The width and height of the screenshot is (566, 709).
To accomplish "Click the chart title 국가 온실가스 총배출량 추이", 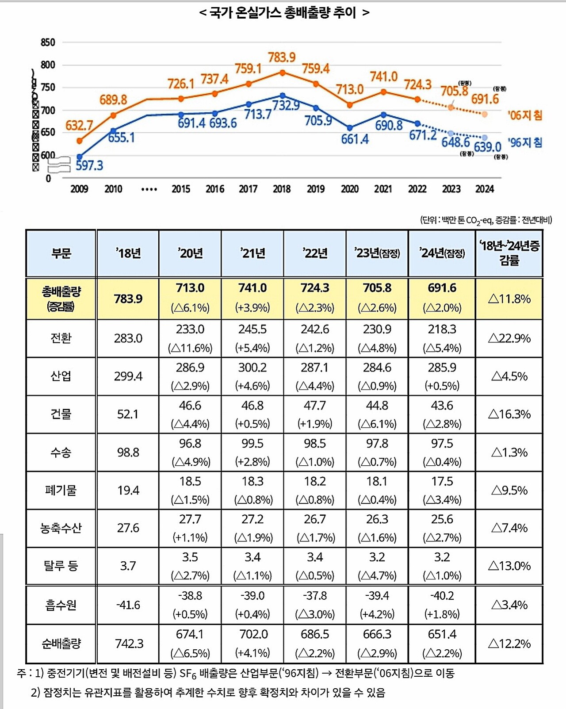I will point(283,12).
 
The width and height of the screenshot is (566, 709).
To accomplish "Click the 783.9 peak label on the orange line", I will point(282,57).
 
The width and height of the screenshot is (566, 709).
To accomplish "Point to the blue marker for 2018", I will point(283,96).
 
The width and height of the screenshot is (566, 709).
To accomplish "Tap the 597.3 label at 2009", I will point(89,166).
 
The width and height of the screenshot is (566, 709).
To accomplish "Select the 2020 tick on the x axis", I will point(349,189).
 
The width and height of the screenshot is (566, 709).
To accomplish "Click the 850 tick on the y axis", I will point(48,42).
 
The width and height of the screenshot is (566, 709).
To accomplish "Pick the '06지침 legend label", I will point(525,115).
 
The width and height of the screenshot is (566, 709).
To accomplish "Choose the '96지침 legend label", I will point(525,142).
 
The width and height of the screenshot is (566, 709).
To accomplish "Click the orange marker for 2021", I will point(383,92).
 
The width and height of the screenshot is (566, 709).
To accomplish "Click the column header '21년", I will point(252,253).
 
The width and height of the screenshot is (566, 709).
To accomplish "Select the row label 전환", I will point(61,338).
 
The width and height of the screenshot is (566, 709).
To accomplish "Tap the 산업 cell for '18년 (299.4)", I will point(128,376).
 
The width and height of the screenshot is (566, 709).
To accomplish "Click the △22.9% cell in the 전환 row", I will point(509,338).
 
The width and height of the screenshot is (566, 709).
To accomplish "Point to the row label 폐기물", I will point(61,491).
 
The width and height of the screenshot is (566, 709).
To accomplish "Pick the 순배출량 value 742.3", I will point(129,644).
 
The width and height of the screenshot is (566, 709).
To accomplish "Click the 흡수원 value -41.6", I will point(128,605).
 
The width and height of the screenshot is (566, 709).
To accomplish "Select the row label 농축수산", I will point(61,528).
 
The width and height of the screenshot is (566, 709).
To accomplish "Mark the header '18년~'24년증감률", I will point(509,253).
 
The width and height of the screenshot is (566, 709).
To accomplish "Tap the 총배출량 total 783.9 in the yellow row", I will point(128,299).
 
